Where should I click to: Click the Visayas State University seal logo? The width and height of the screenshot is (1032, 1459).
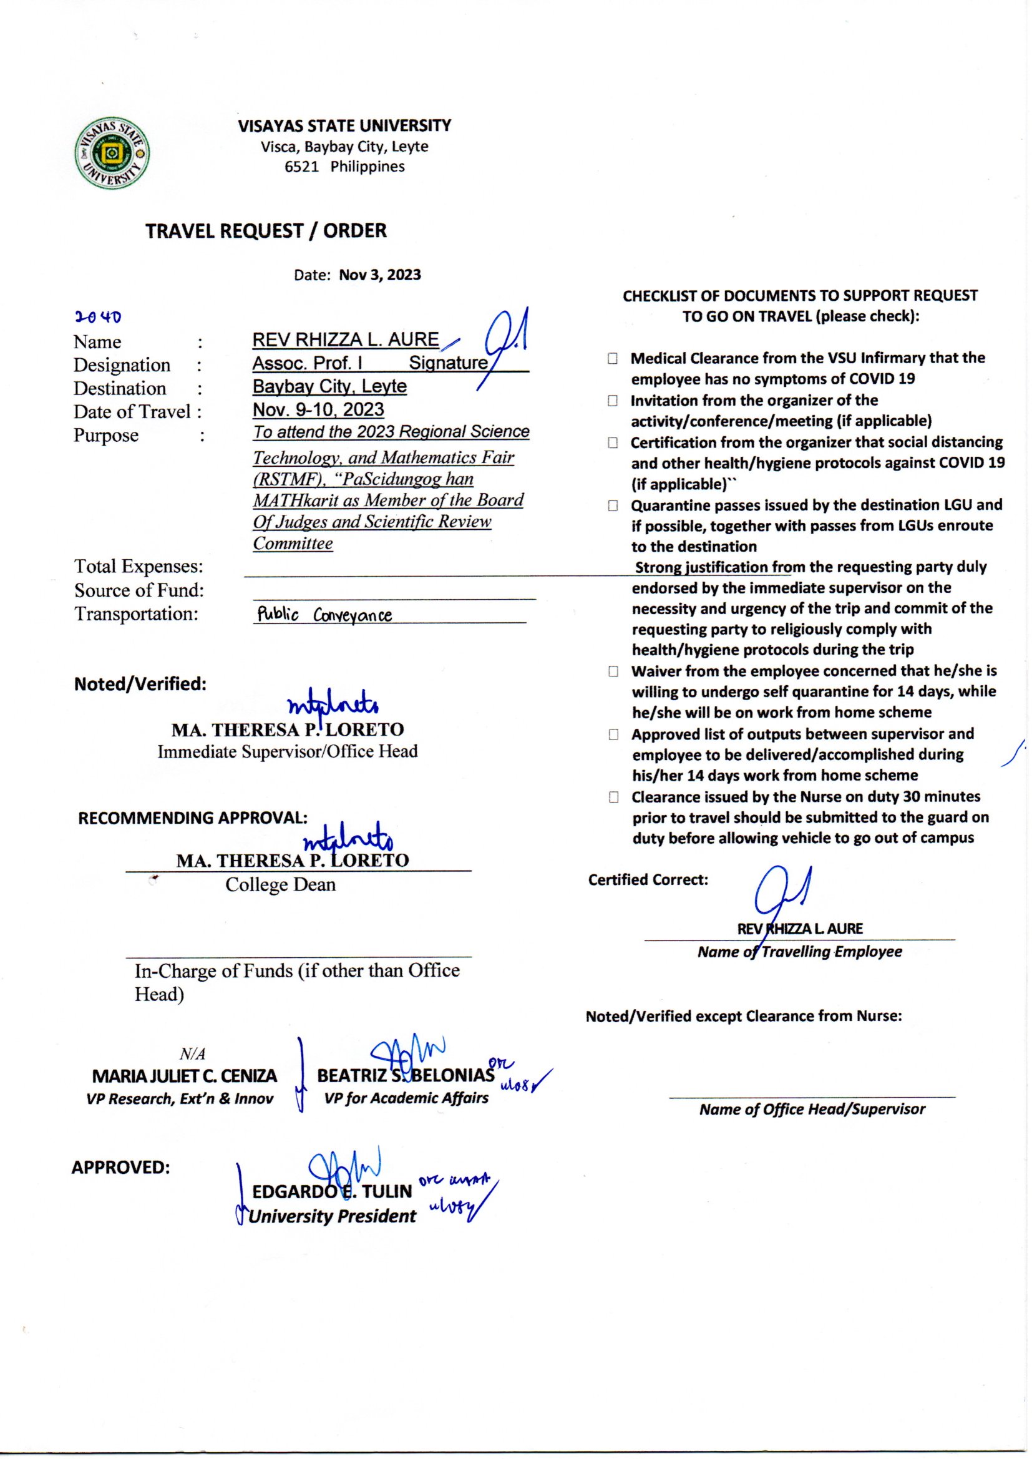(113, 153)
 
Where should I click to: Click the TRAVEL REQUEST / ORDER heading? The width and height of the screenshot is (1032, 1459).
(266, 231)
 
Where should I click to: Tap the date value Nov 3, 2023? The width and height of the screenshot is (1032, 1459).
(379, 275)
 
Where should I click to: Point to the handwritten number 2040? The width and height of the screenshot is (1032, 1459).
(98, 316)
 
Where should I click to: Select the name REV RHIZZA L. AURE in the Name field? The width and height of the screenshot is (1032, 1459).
(345, 340)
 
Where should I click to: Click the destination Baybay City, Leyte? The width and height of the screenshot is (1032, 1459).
(329, 386)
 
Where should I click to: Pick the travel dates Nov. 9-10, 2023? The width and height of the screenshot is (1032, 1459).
(318, 410)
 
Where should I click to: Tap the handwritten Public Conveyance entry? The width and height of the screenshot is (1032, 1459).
(324, 615)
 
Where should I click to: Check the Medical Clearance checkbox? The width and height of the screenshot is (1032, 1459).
(612, 358)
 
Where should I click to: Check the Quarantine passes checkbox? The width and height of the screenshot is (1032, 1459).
(613, 506)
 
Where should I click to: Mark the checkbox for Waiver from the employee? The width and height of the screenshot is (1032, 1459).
(613, 671)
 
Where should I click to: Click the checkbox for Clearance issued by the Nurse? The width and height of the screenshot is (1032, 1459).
(613, 797)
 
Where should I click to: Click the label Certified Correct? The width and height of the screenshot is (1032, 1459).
(648, 879)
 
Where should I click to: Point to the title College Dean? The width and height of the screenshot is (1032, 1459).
(280, 884)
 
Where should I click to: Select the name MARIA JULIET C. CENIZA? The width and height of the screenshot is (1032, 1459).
(184, 1076)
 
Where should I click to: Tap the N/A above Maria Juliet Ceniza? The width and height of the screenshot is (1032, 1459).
(192, 1054)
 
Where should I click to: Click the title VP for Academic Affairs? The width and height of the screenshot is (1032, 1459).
(406, 1098)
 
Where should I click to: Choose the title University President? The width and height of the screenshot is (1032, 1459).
(332, 1216)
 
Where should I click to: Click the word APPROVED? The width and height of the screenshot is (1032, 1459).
(121, 1168)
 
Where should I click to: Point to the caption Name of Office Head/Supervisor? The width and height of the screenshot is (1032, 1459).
(812, 1109)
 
